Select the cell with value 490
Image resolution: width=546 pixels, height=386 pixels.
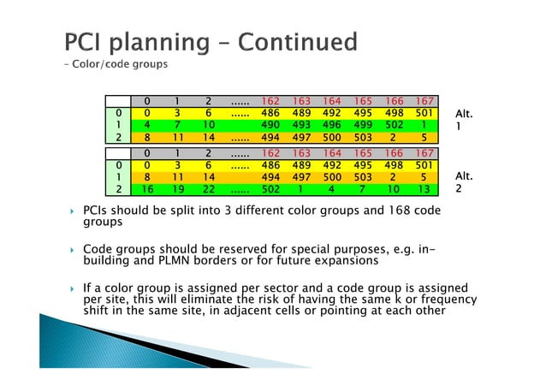tap(271, 124)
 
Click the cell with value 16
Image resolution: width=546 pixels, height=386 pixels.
tap(149, 188)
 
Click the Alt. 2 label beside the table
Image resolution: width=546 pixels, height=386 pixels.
tap(464, 182)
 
